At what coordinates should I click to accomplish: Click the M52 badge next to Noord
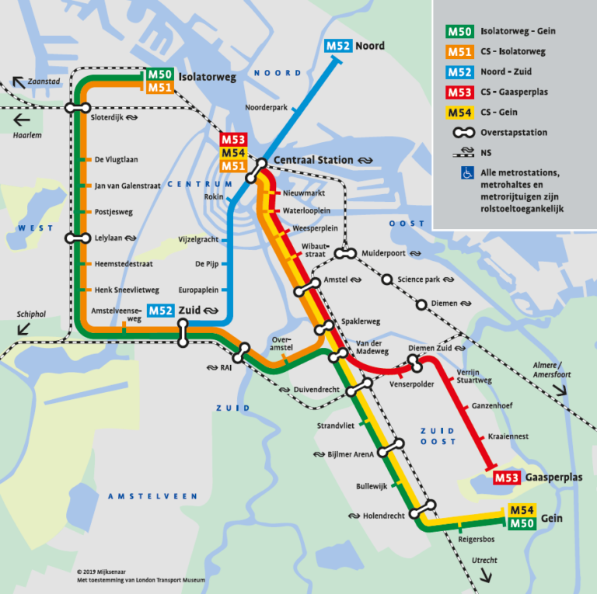coord(338,45)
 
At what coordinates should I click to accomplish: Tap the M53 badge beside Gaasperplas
coord(507,477)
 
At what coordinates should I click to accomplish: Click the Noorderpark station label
coord(266,107)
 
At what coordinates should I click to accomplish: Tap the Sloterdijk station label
coord(108,119)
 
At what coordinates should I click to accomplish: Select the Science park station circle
coord(387,280)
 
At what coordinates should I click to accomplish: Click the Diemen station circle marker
coord(421,304)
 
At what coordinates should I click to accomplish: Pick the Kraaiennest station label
coord(508,436)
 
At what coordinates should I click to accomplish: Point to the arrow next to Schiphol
coord(23,328)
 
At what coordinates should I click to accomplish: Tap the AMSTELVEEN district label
coord(152,496)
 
